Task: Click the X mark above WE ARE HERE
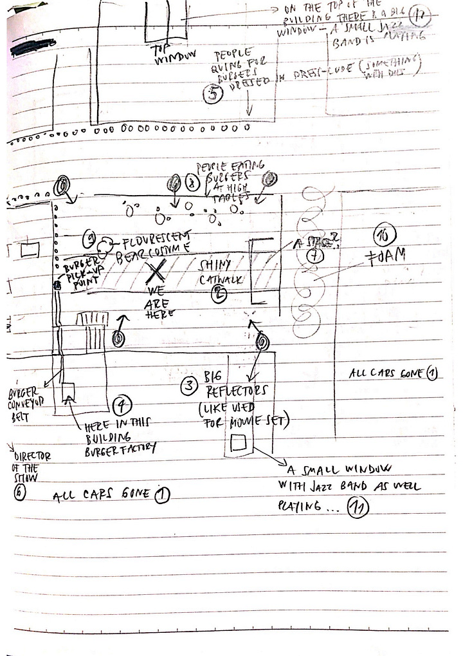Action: pyautogui.click(x=155, y=271)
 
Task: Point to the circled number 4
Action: pyautogui.click(x=122, y=406)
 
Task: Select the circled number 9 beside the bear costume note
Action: pyautogui.click(x=90, y=241)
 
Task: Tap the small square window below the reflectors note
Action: pyautogui.click(x=238, y=442)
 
